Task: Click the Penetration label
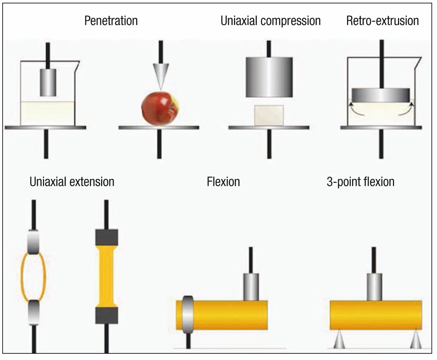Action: click(x=111, y=21)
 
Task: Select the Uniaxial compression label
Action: click(x=271, y=21)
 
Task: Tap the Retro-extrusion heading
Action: click(x=382, y=21)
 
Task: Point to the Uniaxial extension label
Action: click(x=72, y=181)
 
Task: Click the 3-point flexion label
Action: click(x=361, y=181)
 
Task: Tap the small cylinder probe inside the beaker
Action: click(x=47, y=82)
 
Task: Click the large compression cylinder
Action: click(x=269, y=77)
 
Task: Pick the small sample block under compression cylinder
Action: click(x=269, y=115)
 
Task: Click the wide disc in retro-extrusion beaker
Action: click(x=381, y=95)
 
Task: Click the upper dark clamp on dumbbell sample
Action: click(x=106, y=237)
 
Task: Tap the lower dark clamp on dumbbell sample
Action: click(x=106, y=316)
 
